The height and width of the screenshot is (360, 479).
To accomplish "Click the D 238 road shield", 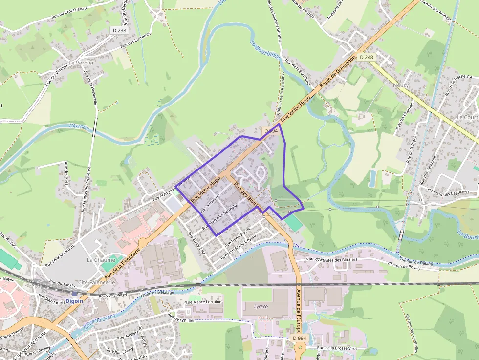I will click(119, 30).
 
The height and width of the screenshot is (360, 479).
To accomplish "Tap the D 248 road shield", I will click(366, 57).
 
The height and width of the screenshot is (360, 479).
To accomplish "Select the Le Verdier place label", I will click(82, 63).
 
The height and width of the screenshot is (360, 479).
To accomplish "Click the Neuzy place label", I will click(400, 85).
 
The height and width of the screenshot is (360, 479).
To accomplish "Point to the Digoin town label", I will click(74, 301).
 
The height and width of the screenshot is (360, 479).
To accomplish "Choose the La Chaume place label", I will click(98, 260).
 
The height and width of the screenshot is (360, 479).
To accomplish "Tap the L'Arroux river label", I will click(79, 127).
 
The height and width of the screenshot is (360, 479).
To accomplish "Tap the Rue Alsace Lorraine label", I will click(203, 302).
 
